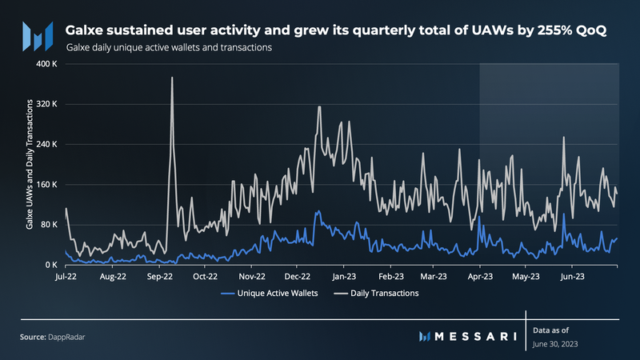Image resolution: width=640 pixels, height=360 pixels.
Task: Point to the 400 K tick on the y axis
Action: point(46,64)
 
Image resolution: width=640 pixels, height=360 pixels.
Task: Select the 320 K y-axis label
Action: point(46,104)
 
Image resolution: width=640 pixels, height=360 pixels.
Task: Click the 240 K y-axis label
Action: point(46,145)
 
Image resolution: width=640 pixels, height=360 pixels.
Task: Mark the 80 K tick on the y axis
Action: point(48,225)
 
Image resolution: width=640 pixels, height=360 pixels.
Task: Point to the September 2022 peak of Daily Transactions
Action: point(172,78)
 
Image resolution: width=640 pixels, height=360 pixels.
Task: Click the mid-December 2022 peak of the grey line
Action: point(318,106)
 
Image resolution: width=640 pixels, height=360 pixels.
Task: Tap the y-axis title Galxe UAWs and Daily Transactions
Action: point(30,165)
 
